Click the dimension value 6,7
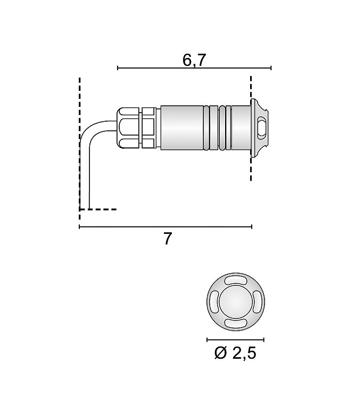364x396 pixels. pyautogui.click(x=194, y=60)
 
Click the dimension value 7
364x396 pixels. pyautogui.click(x=168, y=239)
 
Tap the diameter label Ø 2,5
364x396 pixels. pyautogui.click(x=235, y=353)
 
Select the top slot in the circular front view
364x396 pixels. pyautogui.click(x=235, y=281)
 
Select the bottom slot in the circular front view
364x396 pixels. pyautogui.click(x=235, y=323)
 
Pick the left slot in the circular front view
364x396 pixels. pyautogui.click(x=214, y=302)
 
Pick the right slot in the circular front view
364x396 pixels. pyautogui.click(x=257, y=302)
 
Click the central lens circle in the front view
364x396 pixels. pyautogui.click(x=235, y=302)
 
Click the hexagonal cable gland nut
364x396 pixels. pyautogui.click(x=128, y=128)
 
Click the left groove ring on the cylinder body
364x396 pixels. pyautogui.click(x=214, y=128)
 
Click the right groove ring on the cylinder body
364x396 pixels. pyautogui.click(x=228, y=128)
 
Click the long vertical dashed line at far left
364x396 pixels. pyautogui.click(x=80, y=144)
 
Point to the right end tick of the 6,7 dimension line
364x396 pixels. pyautogui.click(x=271, y=68)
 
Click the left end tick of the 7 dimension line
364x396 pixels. pyautogui.click(x=79, y=227)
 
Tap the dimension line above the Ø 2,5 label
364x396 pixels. pyautogui.click(x=235, y=339)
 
